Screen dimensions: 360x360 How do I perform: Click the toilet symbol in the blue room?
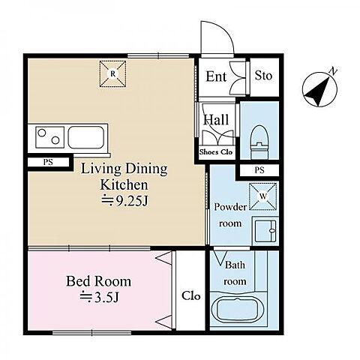click(x=259, y=142)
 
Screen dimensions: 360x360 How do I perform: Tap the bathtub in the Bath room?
click(x=237, y=310)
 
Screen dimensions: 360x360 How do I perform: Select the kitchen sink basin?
click(x=86, y=137)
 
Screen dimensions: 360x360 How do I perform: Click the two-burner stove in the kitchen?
click(x=49, y=137)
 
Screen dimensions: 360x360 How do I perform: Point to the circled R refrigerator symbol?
click(x=112, y=73)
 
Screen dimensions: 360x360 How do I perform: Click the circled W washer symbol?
click(x=263, y=196)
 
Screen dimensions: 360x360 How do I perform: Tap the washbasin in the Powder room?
click(x=265, y=230)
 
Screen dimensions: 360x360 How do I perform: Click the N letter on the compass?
click(x=333, y=71)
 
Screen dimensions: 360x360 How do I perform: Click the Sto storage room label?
click(x=263, y=76)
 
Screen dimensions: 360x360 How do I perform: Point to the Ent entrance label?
click(x=216, y=76)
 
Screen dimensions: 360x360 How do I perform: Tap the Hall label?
click(x=216, y=120)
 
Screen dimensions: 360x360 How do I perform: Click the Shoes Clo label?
click(x=216, y=152)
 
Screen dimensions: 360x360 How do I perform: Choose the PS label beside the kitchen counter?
click(x=48, y=162)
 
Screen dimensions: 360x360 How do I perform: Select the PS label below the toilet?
click(x=259, y=170)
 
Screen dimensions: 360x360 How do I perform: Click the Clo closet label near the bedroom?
click(x=191, y=296)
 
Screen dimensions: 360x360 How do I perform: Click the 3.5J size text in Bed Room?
click(x=99, y=297)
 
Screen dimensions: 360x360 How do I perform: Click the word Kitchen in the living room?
click(x=124, y=184)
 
